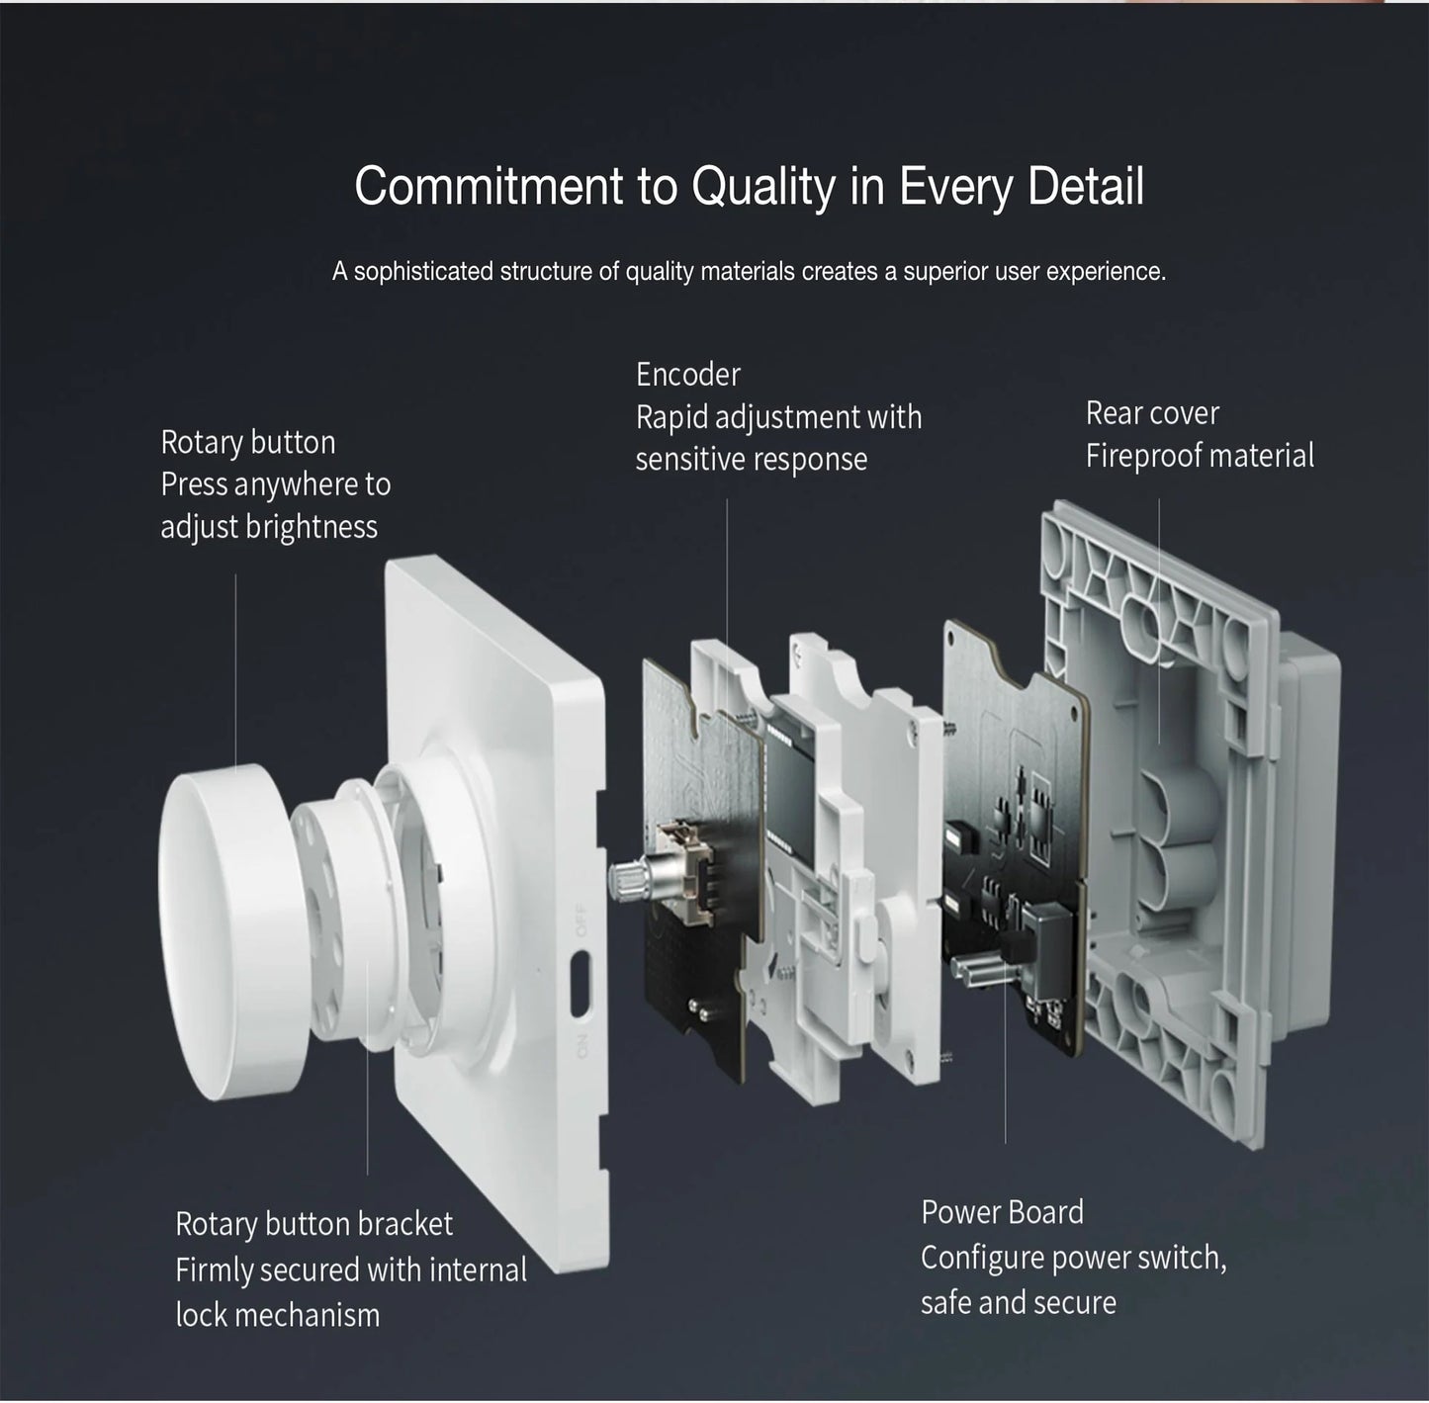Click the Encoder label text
coord(687,375)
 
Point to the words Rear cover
coord(1152,413)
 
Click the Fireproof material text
coord(1200,456)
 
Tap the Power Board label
coord(1002,1212)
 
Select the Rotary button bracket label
coord(313,1224)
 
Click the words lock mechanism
coord(277,1315)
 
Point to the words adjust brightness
coord(269,527)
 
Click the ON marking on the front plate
coord(581,1044)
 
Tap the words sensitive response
coord(751,460)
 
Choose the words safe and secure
coord(1018,1303)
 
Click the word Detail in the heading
coord(1086,186)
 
